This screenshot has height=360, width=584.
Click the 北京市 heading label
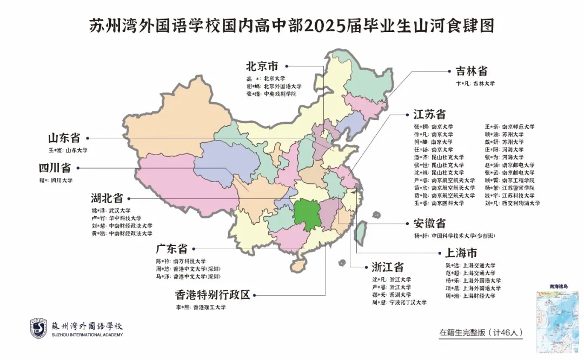[262, 66]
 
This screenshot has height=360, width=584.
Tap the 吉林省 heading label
[472, 71]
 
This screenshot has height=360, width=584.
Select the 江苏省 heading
[430, 114]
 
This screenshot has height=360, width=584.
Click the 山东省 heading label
[64, 137]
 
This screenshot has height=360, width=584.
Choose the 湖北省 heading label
[107, 198]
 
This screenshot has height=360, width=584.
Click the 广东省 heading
[171, 249]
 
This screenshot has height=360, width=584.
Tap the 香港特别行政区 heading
[213, 295]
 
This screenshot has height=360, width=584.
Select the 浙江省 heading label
[388, 267]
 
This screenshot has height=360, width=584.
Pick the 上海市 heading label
[461, 253]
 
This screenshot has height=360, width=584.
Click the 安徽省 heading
[430, 223]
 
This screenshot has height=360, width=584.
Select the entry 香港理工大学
[205, 308]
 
